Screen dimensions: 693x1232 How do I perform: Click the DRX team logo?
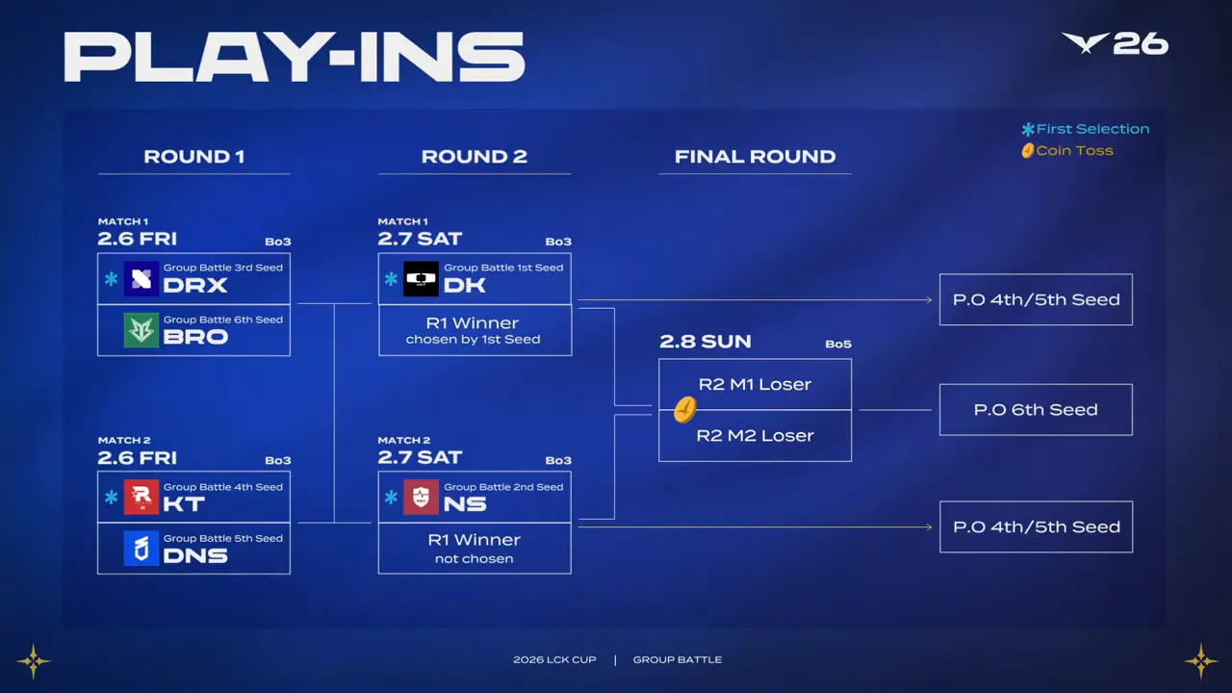click(x=141, y=278)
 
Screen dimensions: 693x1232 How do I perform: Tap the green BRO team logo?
click(x=141, y=330)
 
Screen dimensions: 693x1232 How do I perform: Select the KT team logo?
click(x=141, y=497)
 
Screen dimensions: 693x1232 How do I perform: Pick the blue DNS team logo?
click(x=141, y=549)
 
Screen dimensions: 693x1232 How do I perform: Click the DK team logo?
click(x=421, y=278)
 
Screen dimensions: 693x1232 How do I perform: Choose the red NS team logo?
click(x=421, y=497)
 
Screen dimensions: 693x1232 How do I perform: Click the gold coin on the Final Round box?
click(x=683, y=410)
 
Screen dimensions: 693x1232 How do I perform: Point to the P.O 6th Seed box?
click(x=1036, y=410)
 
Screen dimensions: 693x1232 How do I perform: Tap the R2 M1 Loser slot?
click(x=755, y=384)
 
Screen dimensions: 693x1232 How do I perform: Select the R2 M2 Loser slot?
click(x=755, y=436)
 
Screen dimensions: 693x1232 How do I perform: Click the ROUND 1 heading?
click(x=193, y=157)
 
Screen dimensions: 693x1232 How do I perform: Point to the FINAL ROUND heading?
click(x=755, y=157)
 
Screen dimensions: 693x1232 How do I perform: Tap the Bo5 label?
click(x=838, y=345)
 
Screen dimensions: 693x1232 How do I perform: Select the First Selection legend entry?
click(x=1086, y=129)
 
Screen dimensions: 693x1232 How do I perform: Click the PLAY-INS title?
click(x=295, y=57)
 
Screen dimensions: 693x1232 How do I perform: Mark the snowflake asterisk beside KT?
click(x=112, y=498)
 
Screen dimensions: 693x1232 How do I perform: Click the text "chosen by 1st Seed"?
click(x=473, y=340)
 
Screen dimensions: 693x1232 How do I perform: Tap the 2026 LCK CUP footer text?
click(x=554, y=660)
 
